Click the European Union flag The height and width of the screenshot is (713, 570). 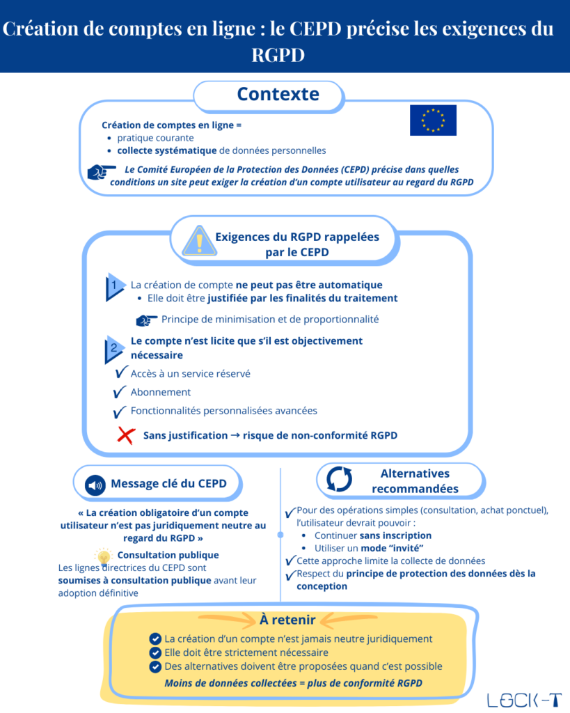(433, 120)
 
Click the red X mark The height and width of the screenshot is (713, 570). (125, 435)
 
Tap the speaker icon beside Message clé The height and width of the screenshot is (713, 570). (95, 484)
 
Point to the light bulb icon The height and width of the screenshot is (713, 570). (104, 556)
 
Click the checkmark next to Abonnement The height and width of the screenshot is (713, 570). (120, 392)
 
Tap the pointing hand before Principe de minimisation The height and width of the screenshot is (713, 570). (147, 320)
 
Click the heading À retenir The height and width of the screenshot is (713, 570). (287, 619)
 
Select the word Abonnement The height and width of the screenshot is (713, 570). (160, 392)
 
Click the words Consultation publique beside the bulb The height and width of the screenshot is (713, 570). (168, 555)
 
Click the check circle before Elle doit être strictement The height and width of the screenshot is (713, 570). (155, 652)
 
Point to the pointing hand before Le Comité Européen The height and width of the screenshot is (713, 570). (102, 171)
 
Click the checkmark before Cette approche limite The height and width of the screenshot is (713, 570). (290, 561)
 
